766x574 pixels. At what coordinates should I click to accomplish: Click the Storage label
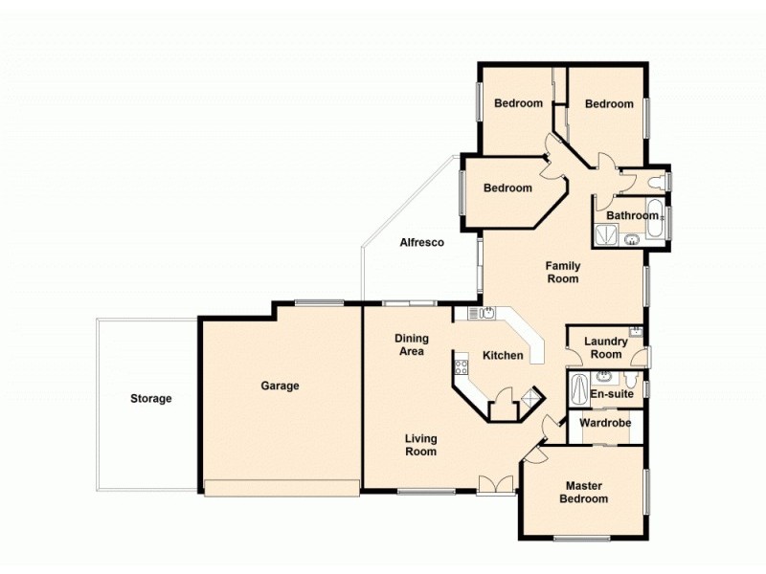151,399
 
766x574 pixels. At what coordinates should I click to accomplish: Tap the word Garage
281,386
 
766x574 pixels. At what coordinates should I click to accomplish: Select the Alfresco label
421,243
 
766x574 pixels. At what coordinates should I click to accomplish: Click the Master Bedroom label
584,493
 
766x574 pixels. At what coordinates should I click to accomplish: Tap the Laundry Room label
605,348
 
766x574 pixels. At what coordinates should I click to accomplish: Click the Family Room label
563,273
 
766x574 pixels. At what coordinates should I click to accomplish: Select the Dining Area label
412,345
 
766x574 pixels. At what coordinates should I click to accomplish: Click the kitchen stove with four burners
461,364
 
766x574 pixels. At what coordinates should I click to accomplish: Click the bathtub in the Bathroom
651,218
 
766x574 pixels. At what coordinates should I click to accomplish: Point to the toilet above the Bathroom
656,180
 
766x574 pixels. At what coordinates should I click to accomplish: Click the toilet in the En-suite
636,387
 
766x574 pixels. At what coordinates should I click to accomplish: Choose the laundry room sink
634,333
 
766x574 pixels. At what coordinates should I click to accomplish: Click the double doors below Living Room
496,484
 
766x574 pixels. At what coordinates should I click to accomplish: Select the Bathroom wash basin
633,240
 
